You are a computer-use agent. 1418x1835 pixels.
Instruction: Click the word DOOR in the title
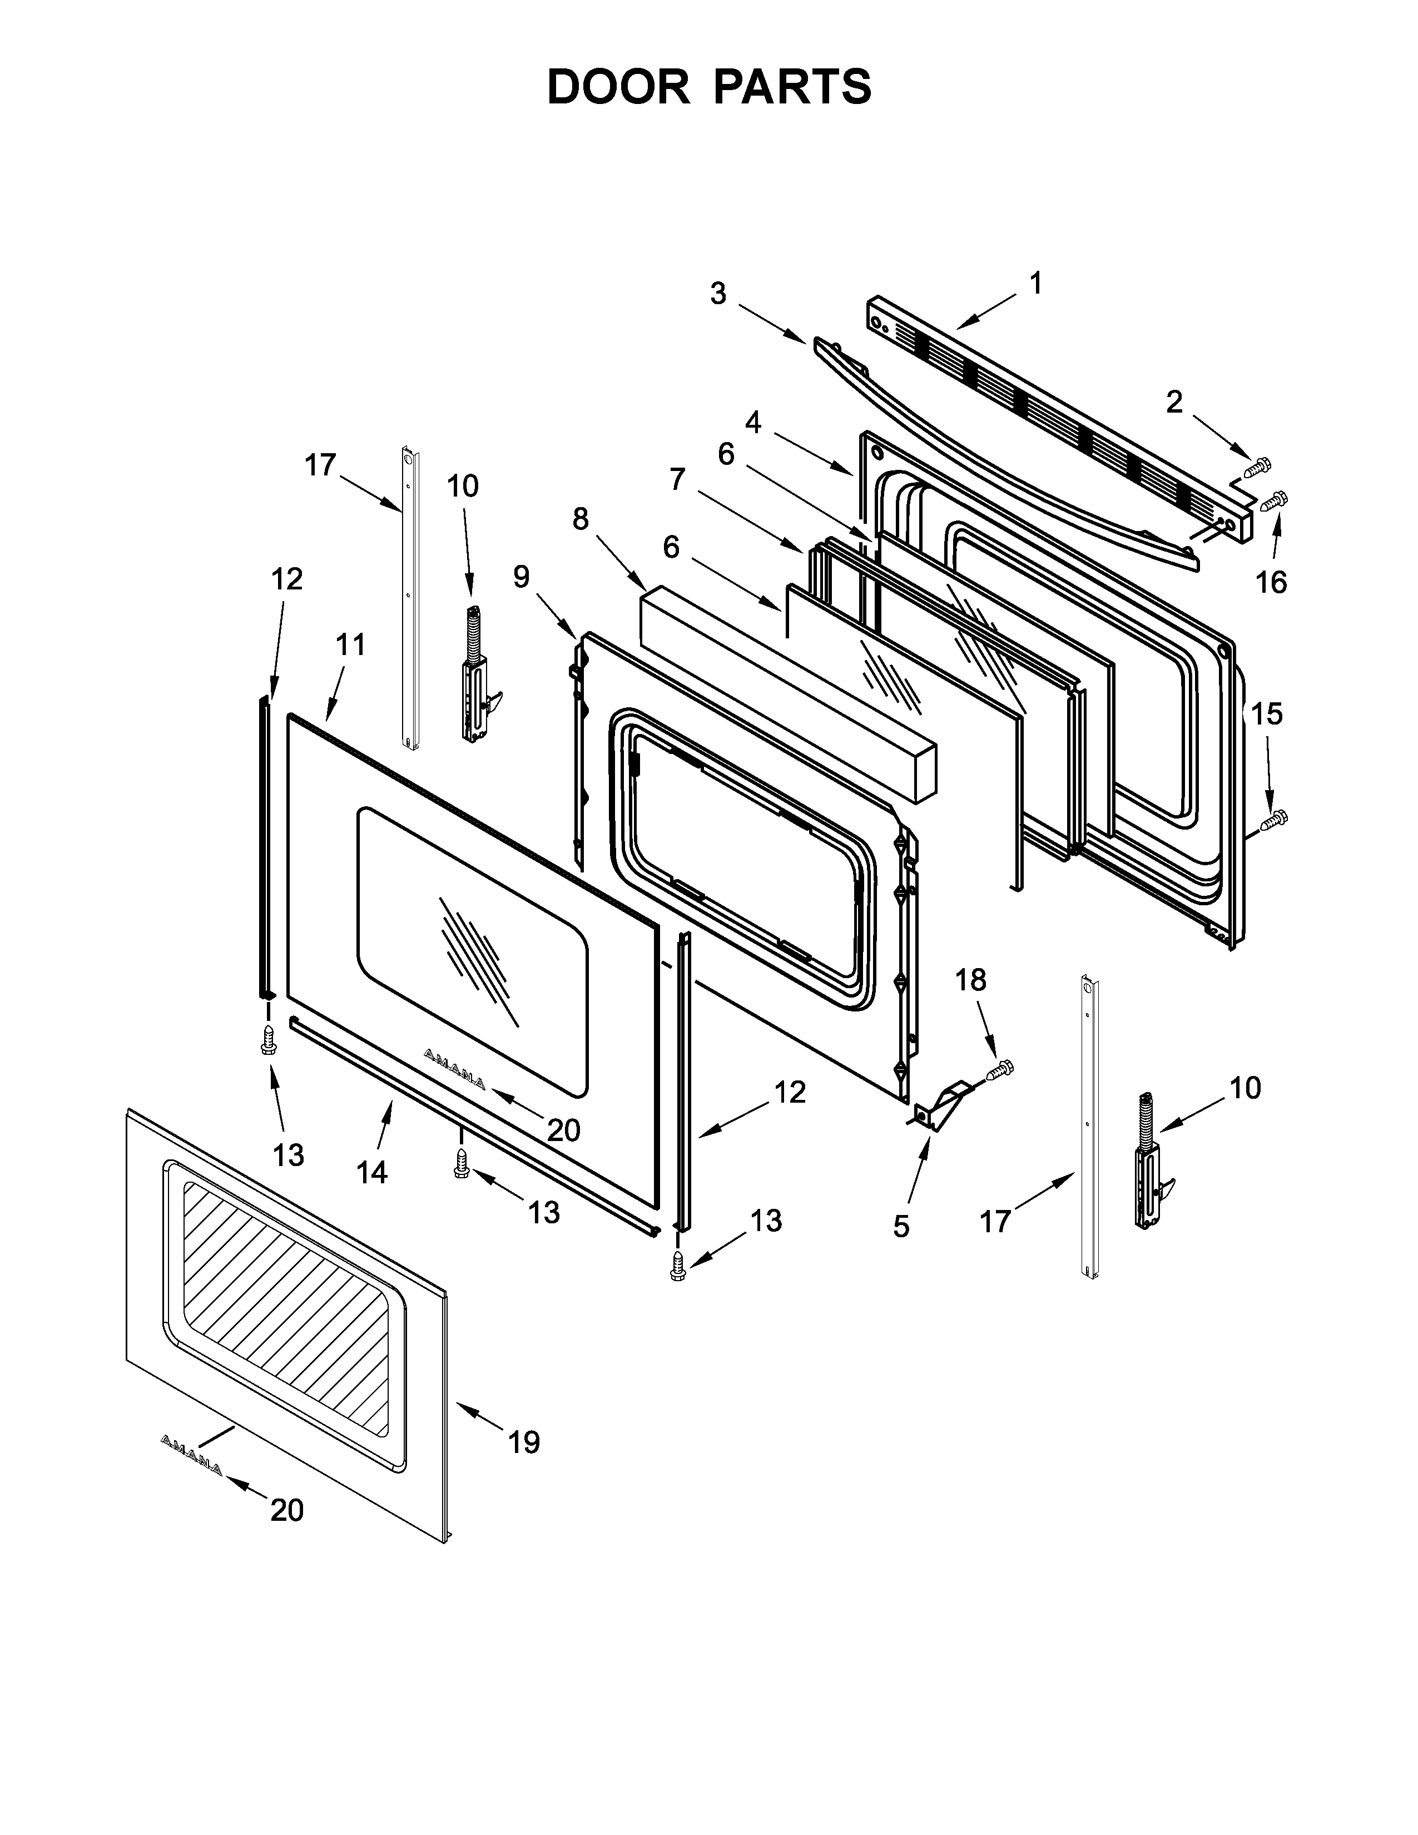[617, 87]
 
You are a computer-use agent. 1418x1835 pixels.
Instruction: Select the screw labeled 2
[1257, 467]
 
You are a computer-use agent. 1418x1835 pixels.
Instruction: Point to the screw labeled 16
[1275, 502]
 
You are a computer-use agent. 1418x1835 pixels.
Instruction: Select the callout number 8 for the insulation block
[581, 519]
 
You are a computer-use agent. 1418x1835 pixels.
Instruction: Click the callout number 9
[522, 577]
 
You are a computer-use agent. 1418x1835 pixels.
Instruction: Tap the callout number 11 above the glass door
[351, 644]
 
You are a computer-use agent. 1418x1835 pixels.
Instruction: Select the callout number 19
[523, 1442]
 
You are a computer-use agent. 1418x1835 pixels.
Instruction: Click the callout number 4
[753, 423]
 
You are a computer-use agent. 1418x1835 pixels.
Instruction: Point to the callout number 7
[677, 480]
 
